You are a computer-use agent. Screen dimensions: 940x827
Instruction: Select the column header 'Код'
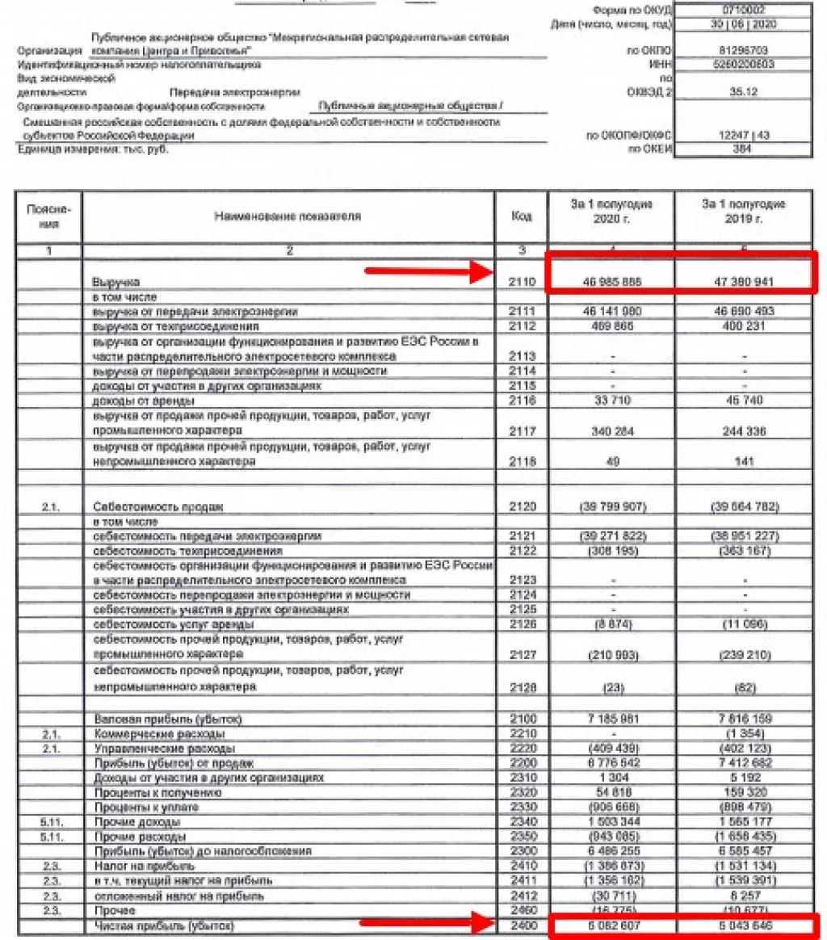tap(522, 216)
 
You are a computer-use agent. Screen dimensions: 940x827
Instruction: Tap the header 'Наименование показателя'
tap(288, 216)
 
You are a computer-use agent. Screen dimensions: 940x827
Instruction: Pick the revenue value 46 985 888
tap(611, 283)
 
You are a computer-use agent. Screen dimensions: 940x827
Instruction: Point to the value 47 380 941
tap(744, 283)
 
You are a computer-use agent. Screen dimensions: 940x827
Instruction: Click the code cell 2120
tap(522, 506)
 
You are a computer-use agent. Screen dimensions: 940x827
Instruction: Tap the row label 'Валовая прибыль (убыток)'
tap(169, 719)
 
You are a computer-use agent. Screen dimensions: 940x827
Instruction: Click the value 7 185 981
tap(611, 719)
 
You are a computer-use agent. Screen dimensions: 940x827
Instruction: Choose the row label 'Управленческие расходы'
tap(159, 748)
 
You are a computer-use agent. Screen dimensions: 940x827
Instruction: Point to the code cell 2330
tap(522, 807)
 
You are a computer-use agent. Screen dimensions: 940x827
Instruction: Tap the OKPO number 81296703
tap(744, 50)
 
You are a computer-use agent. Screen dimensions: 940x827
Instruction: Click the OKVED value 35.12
tap(744, 91)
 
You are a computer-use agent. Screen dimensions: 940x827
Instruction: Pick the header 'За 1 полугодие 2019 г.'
tap(744, 212)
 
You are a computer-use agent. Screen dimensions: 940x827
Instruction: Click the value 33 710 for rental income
tap(611, 401)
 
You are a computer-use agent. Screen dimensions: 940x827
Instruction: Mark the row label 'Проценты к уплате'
tap(146, 807)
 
